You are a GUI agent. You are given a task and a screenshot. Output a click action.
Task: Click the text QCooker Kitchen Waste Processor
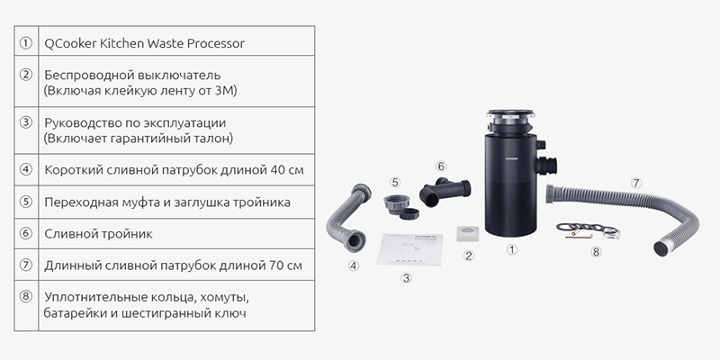tap(144, 43)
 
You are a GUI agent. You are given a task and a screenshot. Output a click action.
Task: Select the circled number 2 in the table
tap(26, 75)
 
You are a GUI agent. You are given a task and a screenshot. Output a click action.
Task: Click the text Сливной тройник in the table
tap(99, 234)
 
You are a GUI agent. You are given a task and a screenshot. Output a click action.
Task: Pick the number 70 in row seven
tap(277, 265)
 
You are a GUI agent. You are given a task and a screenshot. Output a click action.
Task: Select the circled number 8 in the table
tap(26, 297)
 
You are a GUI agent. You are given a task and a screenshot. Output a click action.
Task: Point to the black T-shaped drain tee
tap(445, 192)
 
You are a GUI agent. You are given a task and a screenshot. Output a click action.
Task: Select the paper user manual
tap(409, 250)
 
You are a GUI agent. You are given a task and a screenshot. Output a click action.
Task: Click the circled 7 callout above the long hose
tap(636, 183)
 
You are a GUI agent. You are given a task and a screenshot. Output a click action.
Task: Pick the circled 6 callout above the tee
tap(441, 166)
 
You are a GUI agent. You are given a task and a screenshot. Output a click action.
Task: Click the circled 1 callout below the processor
tap(512, 249)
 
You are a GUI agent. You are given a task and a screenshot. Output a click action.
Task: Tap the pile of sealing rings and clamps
tap(589, 231)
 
